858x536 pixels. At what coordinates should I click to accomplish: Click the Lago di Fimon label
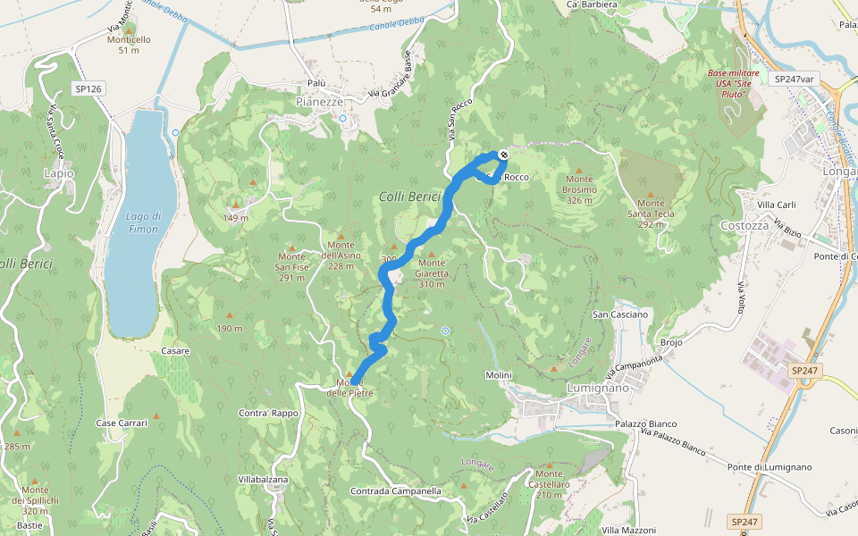pos(142,222)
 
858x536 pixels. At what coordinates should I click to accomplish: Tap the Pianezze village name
pos(319,102)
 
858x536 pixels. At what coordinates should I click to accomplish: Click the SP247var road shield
pos(795,79)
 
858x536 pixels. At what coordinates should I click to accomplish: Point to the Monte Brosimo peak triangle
pos(579,169)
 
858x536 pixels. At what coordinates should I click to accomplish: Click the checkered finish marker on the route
pos(504,155)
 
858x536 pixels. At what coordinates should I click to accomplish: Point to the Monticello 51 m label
pos(129,45)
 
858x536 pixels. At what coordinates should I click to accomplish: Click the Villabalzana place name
pos(263,480)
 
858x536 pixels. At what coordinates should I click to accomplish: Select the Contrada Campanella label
pos(396,491)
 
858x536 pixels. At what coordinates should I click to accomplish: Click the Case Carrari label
pos(121,423)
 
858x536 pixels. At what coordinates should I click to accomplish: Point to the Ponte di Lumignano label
pos(769,467)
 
